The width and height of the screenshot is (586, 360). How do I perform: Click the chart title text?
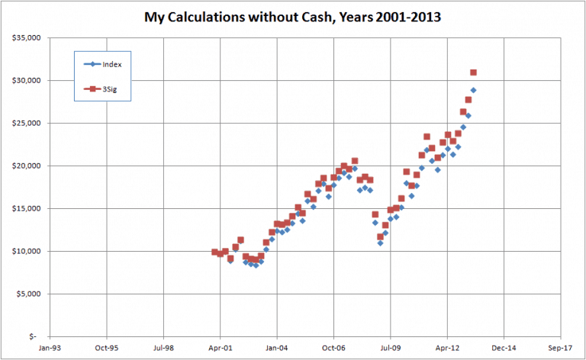coord(293,16)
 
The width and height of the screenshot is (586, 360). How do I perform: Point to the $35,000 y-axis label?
coord(28,37)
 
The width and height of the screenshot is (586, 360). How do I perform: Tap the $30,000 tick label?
coord(28,80)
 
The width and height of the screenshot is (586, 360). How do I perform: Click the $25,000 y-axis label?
coord(28,123)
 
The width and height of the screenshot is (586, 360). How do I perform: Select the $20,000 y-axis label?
coord(28,166)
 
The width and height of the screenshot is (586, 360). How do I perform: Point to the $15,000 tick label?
coord(28,208)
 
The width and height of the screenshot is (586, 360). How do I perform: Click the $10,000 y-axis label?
coord(28,251)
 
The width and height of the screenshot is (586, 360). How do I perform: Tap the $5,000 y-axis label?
coord(31,294)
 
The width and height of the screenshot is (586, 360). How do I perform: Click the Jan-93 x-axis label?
coord(49,347)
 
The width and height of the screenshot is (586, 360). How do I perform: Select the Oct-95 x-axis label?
coord(106,347)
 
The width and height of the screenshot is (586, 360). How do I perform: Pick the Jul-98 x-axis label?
coord(163,347)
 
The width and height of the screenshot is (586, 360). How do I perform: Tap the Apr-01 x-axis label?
coord(220,347)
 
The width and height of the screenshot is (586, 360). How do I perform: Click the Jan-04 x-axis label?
coord(276,347)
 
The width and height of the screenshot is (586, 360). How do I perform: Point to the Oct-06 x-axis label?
coord(333,347)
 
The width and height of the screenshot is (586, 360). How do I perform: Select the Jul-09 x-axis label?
coord(390,347)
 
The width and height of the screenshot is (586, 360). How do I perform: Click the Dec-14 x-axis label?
coord(504,347)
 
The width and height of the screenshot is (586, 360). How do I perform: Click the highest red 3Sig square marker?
coord(474,72)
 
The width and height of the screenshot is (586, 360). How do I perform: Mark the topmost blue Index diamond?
coord(473,90)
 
